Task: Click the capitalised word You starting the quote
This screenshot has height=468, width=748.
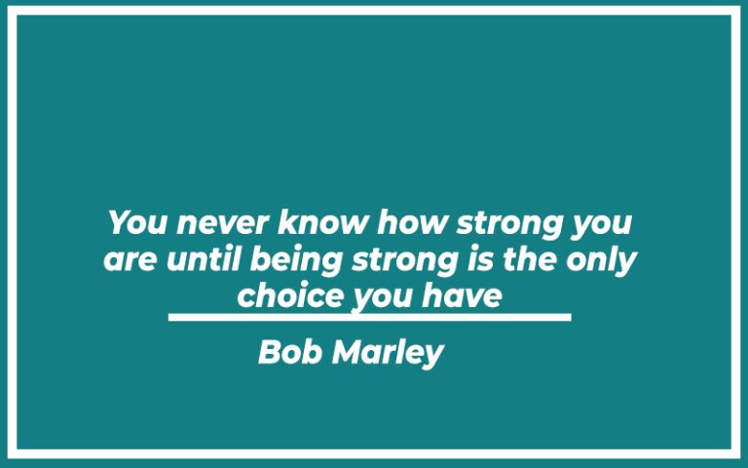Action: [x=133, y=222]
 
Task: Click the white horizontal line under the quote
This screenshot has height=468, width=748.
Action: [x=369, y=317]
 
